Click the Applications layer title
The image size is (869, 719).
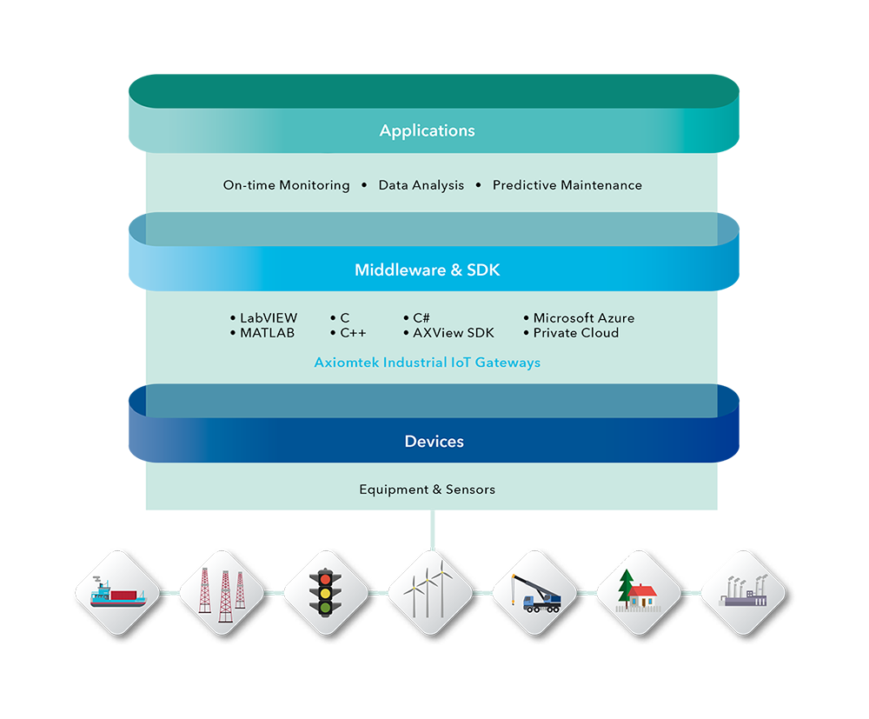point(427,131)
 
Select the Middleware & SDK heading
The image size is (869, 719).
point(427,270)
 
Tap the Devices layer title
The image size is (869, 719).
point(434,442)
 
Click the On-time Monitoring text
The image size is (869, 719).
point(286,185)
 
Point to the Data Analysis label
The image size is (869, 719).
point(421,185)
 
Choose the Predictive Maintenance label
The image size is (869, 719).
point(567,185)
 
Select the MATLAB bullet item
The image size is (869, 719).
point(266,333)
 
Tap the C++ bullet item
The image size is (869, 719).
point(352,333)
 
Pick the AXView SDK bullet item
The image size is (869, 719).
point(453,333)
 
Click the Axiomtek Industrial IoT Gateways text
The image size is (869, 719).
point(427,363)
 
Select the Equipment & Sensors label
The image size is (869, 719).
point(427,489)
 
